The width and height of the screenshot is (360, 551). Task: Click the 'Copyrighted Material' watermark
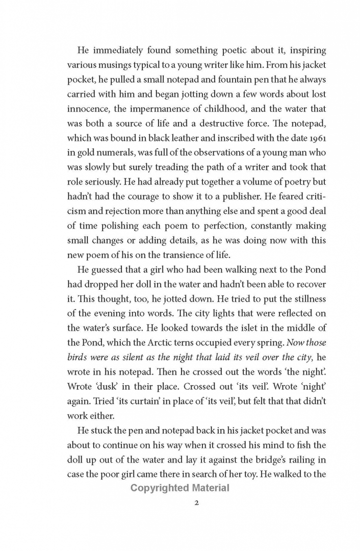coord(180,488)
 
